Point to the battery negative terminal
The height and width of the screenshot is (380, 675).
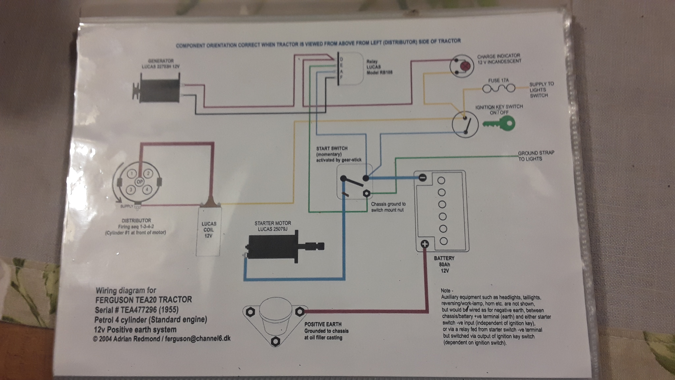(422, 178)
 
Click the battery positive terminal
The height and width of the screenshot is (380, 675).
(425, 244)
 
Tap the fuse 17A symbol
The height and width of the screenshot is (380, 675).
(498, 88)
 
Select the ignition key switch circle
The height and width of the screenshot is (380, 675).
(465, 124)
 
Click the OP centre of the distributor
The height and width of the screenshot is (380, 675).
(140, 182)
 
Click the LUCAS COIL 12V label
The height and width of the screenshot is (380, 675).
(208, 230)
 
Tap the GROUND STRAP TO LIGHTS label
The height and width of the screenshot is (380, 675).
(536, 156)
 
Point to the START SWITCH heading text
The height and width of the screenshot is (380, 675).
(332, 148)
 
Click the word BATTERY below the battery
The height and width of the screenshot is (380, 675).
(444, 258)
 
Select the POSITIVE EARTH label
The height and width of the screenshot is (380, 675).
(323, 324)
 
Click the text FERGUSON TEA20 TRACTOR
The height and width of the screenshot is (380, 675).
(143, 300)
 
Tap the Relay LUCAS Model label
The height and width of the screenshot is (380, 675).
(379, 67)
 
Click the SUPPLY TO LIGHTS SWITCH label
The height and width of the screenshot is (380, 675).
(541, 90)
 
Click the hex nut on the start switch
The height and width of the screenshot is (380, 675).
(366, 194)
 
